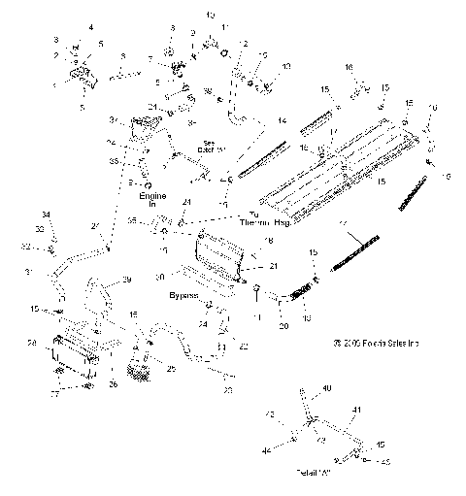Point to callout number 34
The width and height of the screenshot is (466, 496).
point(45,214)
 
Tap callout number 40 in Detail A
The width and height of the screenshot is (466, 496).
point(325,388)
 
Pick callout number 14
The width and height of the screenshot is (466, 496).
point(282,120)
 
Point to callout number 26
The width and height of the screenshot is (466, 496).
point(113,383)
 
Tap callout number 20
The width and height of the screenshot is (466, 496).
point(283,326)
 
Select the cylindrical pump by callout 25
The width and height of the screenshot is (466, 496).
point(143,369)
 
